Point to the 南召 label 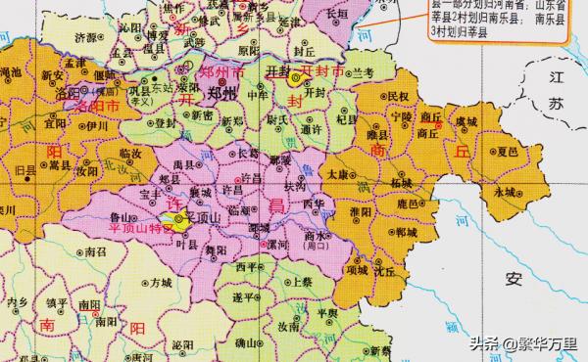click(96, 251)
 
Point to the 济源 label click(85, 37)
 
